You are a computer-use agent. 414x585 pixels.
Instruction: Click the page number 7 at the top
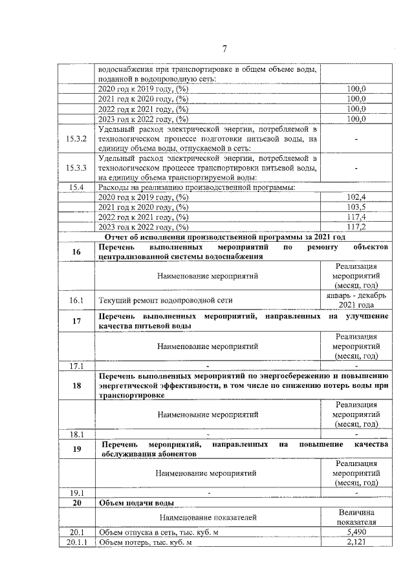coord(224,49)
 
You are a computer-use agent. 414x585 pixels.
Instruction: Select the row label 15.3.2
coord(76,138)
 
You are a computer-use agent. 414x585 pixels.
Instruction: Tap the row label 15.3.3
coord(76,168)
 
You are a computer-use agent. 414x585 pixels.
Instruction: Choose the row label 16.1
coord(76,301)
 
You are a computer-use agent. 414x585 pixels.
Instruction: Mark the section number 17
coord(76,321)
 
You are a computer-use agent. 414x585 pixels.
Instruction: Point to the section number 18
coord(76,385)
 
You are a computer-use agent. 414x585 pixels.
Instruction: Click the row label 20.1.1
coord(76,542)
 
